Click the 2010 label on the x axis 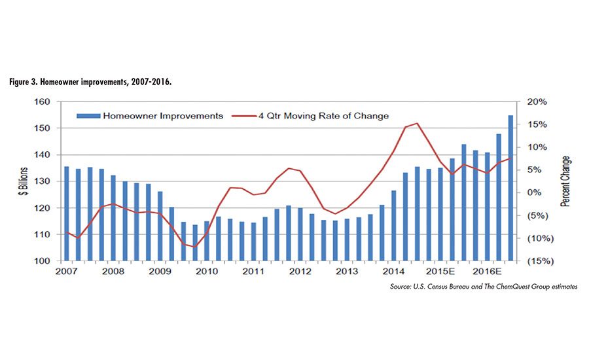207,271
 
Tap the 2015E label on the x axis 437,271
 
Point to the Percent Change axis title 565,181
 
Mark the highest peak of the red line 418,123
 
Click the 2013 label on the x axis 347,271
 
